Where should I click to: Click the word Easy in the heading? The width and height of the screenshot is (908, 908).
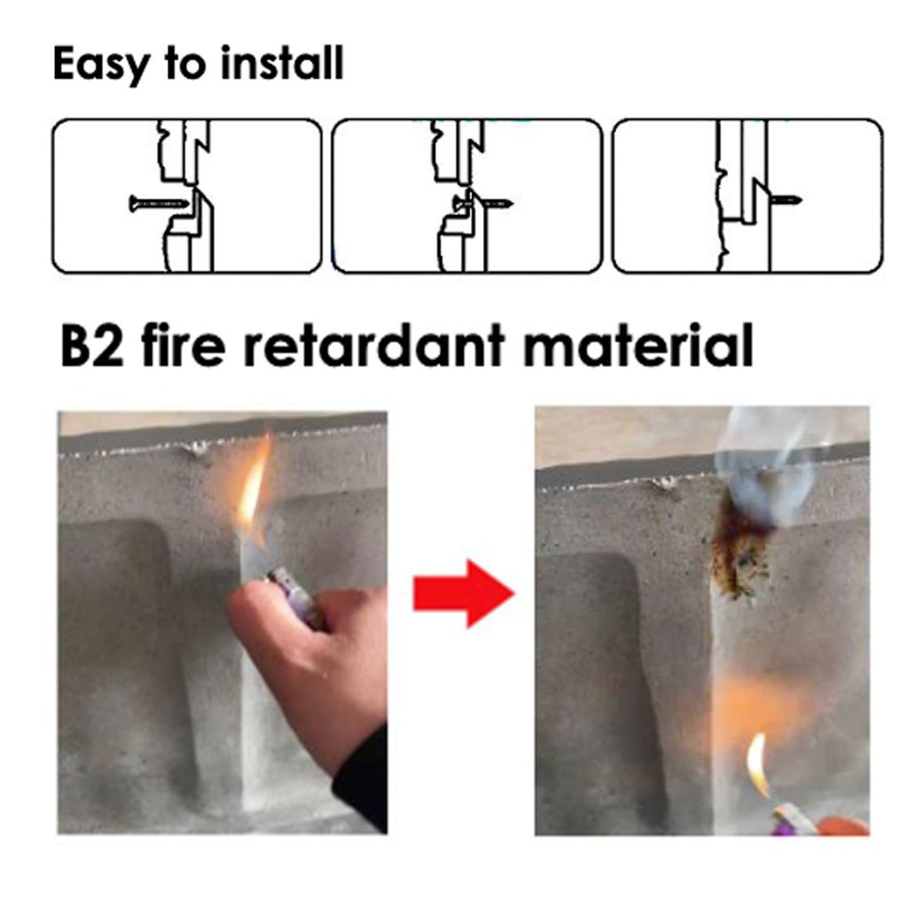coord(100,66)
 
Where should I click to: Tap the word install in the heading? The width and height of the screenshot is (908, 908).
coord(282,63)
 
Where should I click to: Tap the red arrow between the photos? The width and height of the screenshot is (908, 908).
coord(464,593)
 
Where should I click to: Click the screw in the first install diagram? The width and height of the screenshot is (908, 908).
coord(158,203)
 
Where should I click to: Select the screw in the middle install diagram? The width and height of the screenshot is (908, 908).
coord(483,203)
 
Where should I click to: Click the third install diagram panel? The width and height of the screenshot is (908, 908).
coord(748,196)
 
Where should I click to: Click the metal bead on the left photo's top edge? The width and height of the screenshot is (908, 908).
coord(199,447)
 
